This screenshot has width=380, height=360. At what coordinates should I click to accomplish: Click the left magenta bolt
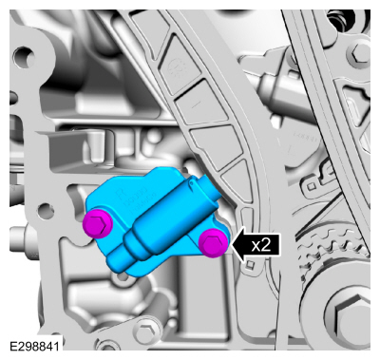(98, 224)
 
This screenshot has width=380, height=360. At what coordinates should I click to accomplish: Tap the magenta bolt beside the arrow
(214, 243)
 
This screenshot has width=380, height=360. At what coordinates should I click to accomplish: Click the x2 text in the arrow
(261, 245)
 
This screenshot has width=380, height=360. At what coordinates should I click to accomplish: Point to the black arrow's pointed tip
(232, 245)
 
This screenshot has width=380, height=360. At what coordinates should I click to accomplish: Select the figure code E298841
(34, 346)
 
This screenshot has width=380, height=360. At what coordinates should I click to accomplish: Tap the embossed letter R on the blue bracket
(121, 193)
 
